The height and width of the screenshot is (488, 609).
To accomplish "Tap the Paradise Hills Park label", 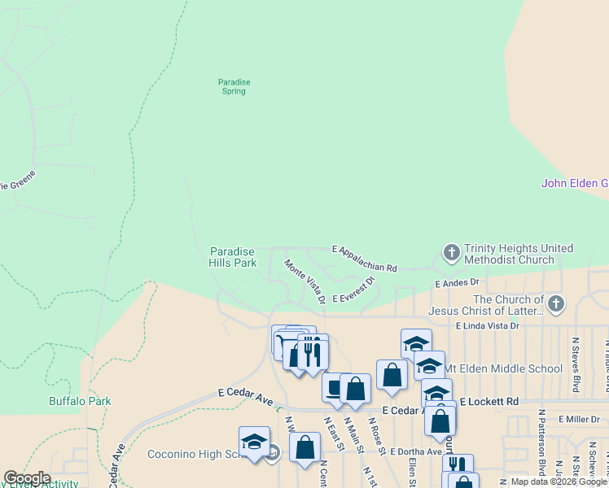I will coord(233,257).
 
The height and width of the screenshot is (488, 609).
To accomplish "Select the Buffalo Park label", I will coord(80,401).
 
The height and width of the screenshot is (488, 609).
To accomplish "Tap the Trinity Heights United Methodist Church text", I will coord(518,254).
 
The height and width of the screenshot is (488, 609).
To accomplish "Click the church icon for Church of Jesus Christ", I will coord(555,305).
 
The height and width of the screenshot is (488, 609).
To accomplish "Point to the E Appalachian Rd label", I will coord(364,257).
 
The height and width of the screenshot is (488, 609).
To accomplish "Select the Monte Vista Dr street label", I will coord(304,281).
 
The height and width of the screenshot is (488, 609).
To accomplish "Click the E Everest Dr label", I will coord(353,290).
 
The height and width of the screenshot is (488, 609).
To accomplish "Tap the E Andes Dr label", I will coord(458,283).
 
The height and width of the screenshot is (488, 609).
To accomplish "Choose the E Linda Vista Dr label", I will coord(487,325).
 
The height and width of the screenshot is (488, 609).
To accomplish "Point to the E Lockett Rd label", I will coord(489,402).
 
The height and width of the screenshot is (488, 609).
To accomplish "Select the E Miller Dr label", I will coord(579,419).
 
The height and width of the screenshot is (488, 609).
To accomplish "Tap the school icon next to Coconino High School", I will coord(254,442).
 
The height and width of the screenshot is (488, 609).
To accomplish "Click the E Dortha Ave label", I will coord(416,451).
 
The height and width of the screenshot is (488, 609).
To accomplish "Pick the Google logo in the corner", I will coord(26,478).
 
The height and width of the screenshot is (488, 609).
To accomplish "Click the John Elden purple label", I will coord(575,184).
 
